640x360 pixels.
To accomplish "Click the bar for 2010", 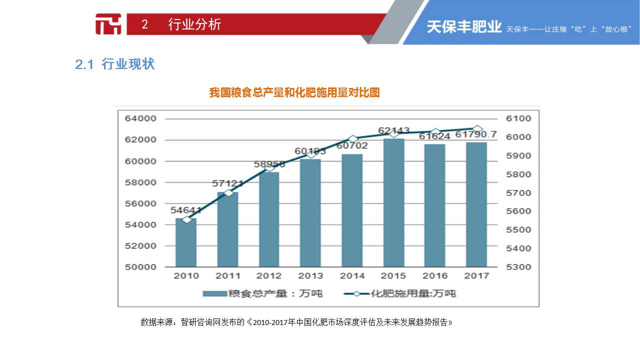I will [x=186, y=243].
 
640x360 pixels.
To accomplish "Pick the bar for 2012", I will [x=269, y=219].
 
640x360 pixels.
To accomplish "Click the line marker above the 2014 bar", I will [x=352, y=139].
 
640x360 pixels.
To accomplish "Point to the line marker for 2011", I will [x=228, y=192].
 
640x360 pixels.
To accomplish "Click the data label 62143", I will [x=393, y=131].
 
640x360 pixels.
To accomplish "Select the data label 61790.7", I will [x=476, y=134].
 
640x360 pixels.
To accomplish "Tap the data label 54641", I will [x=186, y=210].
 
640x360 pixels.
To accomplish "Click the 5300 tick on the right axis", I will [x=518, y=267].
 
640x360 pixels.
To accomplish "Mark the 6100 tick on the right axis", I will [x=518, y=118].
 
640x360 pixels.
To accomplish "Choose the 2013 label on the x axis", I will [x=310, y=275].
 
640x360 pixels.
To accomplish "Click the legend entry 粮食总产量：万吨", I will [x=262, y=293].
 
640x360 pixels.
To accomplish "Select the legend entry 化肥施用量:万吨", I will [x=400, y=293].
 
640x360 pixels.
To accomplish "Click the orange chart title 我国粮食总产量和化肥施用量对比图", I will [x=294, y=92].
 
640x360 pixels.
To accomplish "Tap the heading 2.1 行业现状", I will [x=115, y=64].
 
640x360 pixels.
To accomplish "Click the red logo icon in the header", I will [x=108, y=24].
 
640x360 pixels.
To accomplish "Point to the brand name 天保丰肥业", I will [x=463, y=27].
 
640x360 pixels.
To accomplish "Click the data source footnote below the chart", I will [x=296, y=322].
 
